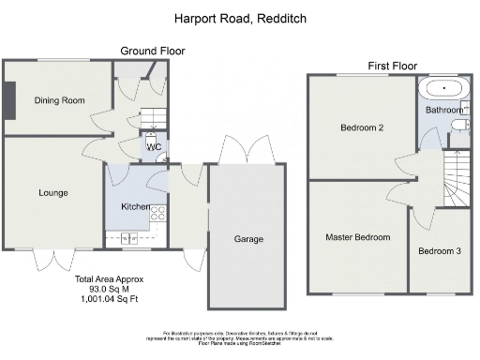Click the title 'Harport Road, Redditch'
pyautogui.click(x=240, y=18)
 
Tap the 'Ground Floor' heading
pyautogui.click(x=153, y=51)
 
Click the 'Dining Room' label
pyautogui.click(x=59, y=100)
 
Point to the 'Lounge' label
pyautogui.click(x=52, y=193)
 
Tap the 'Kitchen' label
pyautogui.click(x=136, y=205)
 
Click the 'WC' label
pyautogui.click(x=153, y=147)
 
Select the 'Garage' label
pyautogui.click(x=247, y=239)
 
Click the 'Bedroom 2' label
pyautogui.click(x=361, y=128)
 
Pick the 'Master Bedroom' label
pyautogui.click(x=357, y=237)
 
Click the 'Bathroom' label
pyautogui.click(x=444, y=111)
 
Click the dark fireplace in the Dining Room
pyautogui.click(x=8, y=100)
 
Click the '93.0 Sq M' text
pyautogui.click(x=104, y=290)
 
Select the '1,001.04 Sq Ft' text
pyautogui.click(x=104, y=300)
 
